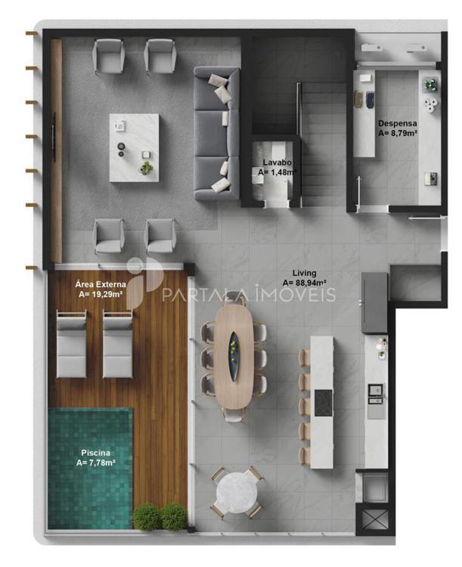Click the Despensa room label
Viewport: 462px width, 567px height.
click(x=397, y=124)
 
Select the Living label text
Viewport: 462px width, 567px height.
click(x=304, y=273)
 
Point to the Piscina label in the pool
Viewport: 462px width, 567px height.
click(x=95, y=453)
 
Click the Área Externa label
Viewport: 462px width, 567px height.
click(x=101, y=284)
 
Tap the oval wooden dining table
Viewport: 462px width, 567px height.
click(x=234, y=356)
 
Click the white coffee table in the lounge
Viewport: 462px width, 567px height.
click(x=135, y=147)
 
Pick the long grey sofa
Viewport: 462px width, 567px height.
click(x=217, y=133)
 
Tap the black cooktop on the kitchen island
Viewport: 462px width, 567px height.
click(x=323, y=402)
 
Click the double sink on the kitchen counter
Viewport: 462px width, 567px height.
click(x=375, y=394)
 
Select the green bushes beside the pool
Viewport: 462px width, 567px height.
click(x=160, y=516)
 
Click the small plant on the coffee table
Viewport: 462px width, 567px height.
click(x=147, y=168)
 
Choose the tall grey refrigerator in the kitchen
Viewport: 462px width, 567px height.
click(x=375, y=302)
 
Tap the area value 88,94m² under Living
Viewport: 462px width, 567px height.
click(x=305, y=283)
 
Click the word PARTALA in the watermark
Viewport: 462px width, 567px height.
click(x=205, y=295)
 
